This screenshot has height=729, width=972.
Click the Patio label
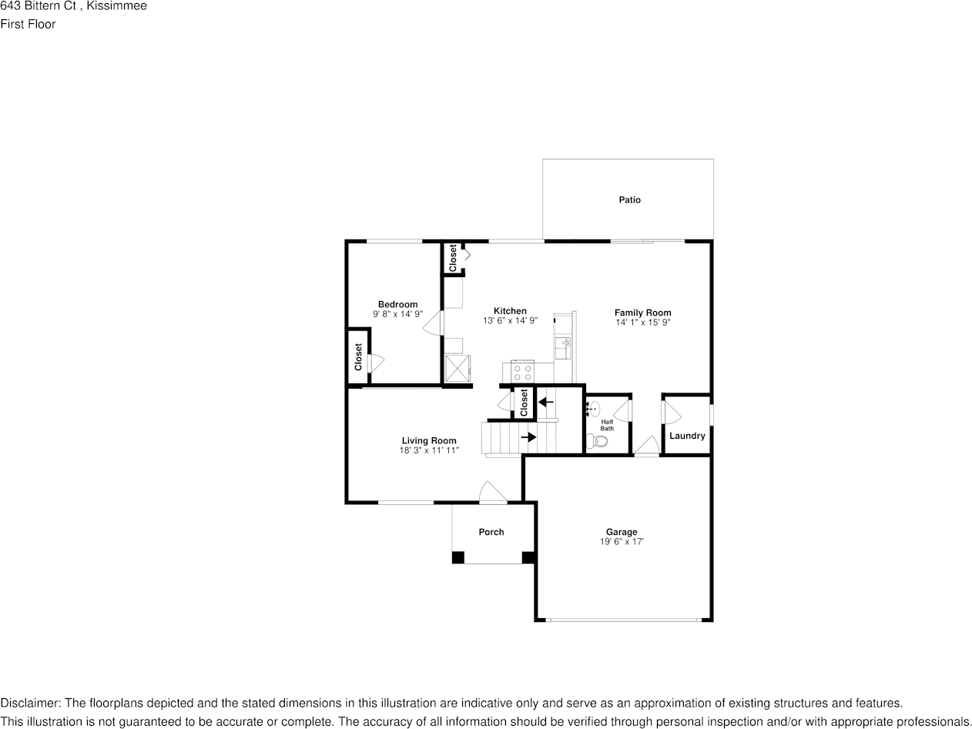click(629, 200)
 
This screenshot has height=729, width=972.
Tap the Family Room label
click(642, 313)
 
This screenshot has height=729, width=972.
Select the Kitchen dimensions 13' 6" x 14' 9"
click(510, 321)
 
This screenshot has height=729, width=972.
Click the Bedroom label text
click(397, 304)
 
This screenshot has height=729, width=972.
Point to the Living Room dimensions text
click(429, 451)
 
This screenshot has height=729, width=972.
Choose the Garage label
click(621, 532)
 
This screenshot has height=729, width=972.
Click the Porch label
click(491, 532)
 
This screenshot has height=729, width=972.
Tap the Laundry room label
click(687, 436)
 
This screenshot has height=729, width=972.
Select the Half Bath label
click(607, 425)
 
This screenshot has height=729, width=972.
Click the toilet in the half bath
click(597, 442)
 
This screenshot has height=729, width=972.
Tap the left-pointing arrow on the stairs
click(546, 402)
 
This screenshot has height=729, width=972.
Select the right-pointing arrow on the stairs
click(528, 437)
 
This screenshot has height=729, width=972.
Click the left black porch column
click(458, 558)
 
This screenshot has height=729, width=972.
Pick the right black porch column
click(528, 558)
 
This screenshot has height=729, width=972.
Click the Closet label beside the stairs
click(525, 402)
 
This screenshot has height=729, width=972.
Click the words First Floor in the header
click(28, 24)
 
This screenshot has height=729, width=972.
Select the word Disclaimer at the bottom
click(28, 703)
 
